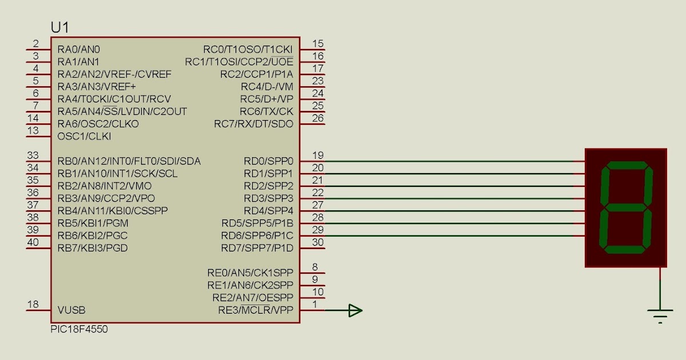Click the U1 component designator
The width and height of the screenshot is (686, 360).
[61, 27]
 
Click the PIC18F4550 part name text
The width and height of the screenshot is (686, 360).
[79, 330]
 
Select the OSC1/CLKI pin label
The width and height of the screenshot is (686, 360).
[84, 137]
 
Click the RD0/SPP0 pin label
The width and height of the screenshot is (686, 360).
[268, 161]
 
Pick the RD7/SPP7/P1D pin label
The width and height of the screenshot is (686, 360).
[257, 248]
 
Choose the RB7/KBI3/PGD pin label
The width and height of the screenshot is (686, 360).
[93, 248]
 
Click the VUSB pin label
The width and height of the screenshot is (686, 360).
[71, 310]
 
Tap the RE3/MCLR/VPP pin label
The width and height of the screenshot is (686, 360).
[255, 310]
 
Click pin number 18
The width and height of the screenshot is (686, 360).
[33, 305]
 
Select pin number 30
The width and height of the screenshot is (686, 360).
[318, 242]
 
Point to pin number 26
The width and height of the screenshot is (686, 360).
[318, 118]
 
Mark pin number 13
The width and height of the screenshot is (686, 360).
[33, 131]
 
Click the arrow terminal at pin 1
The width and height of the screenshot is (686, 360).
[355, 310]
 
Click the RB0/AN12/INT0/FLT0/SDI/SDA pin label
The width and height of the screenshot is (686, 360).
[129, 161]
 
